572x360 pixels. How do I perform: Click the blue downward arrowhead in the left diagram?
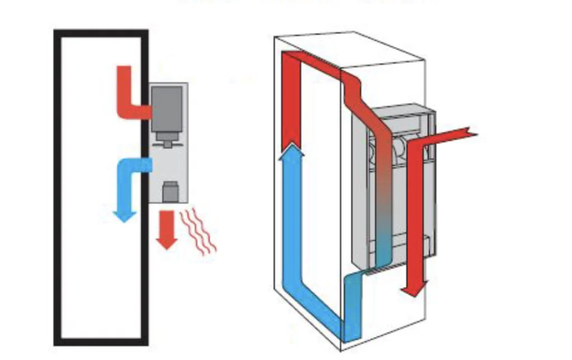tap(125, 215)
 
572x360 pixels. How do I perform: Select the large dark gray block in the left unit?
tap(166, 108)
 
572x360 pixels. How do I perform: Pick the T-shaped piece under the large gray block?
tap(166, 140)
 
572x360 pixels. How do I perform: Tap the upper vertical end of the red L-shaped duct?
tap(124, 75)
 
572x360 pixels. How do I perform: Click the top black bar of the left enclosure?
tap(101, 33)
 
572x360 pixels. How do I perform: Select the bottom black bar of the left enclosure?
tap(101, 340)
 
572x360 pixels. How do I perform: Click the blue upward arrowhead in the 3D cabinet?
tap(292, 150)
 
